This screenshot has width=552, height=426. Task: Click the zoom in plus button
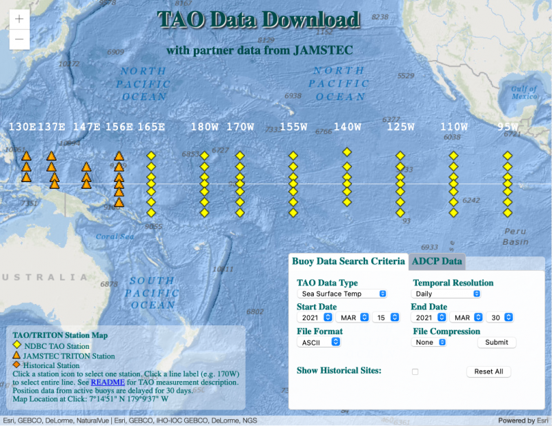(x=19, y=19)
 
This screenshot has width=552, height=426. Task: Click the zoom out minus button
(x=19, y=39)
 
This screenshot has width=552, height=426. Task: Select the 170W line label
(x=241, y=127)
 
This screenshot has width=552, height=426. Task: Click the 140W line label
(x=348, y=127)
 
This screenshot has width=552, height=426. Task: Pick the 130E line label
(x=22, y=127)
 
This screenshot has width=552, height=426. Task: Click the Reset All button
(x=489, y=372)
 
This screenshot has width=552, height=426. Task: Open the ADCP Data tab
(x=437, y=261)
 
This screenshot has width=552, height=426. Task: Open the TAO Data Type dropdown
(x=342, y=294)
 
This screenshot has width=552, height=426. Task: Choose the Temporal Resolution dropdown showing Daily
(x=446, y=294)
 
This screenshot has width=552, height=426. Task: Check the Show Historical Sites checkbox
(x=415, y=372)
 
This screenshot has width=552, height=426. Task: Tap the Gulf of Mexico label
(x=524, y=92)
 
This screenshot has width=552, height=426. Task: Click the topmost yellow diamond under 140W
(x=348, y=152)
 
